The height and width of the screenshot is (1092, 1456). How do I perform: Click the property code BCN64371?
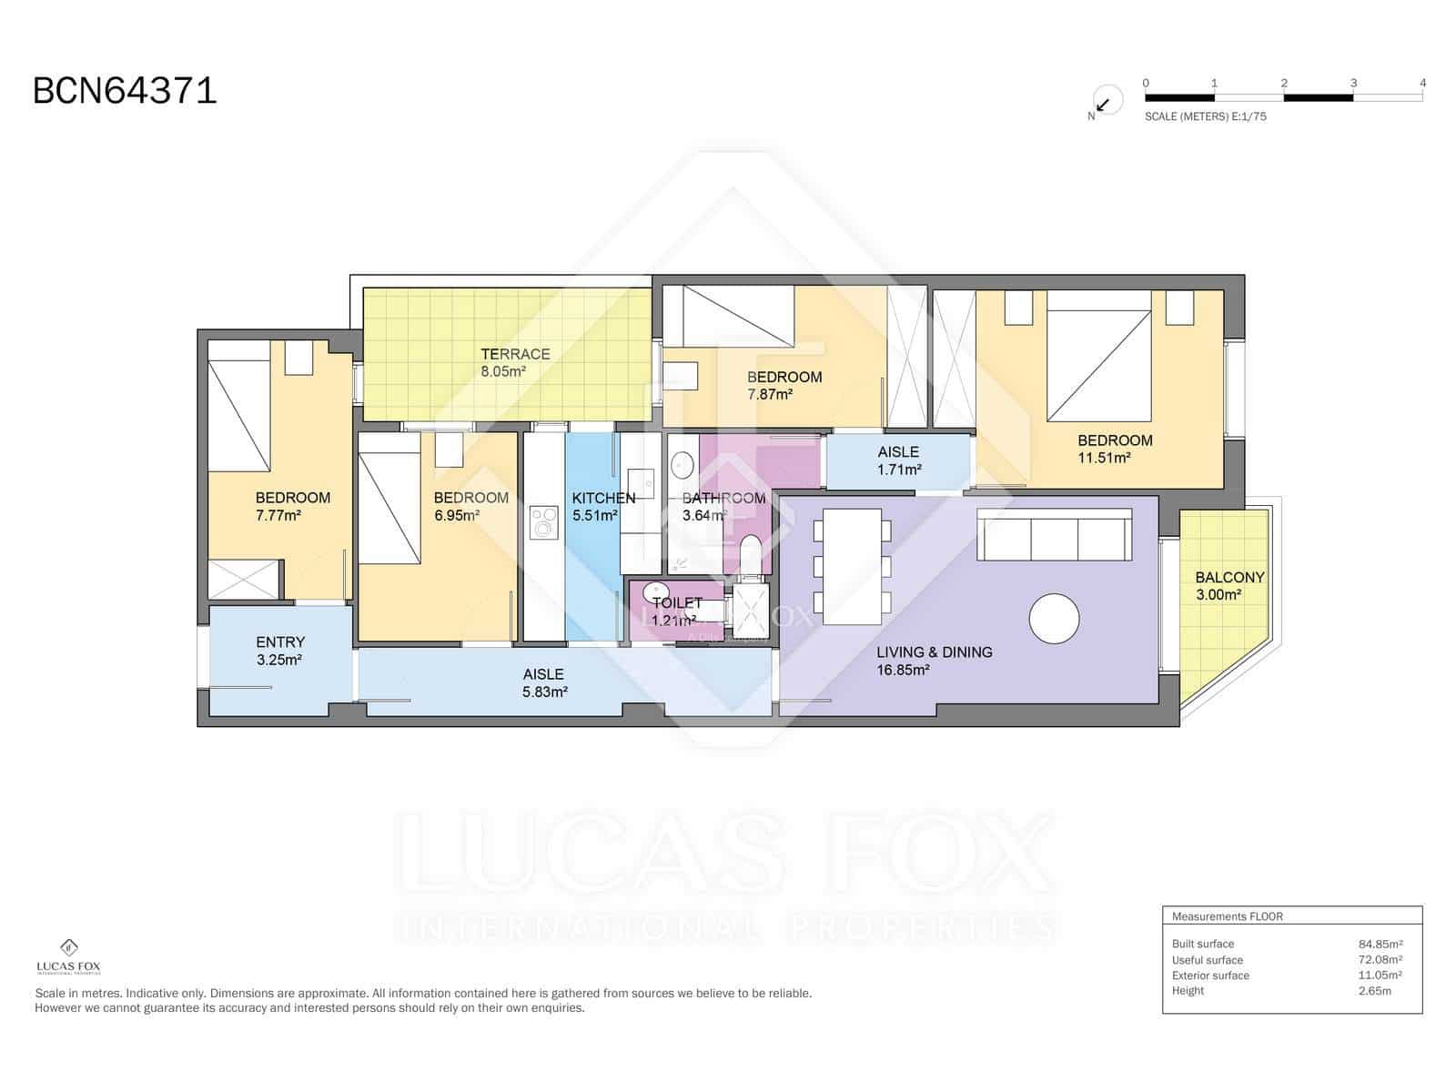pyautogui.click(x=125, y=91)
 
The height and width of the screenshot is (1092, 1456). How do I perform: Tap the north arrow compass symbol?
pyautogui.click(x=1104, y=102)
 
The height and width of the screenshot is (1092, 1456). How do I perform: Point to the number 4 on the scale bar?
pyautogui.click(x=1422, y=83)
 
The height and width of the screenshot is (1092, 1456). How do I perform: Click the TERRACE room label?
pyautogui.click(x=515, y=354)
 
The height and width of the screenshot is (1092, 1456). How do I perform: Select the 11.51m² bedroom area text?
pyautogui.click(x=1104, y=458)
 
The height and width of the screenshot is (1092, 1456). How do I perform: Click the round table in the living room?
pyautogui.click(x=1054, y=619)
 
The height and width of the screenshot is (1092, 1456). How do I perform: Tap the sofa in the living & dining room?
pyautogui.click(x=1055, y=535)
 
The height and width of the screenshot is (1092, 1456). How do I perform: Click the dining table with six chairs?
pyautogui.click(x=852, y=566)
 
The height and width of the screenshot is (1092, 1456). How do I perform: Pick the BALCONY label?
pyautogui.click(x=1229, y=577)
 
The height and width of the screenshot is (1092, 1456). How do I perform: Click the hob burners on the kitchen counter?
pyautogui.click(x=544, y=524)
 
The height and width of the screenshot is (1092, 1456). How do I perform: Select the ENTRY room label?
pyautogui.click(x=280, y=642)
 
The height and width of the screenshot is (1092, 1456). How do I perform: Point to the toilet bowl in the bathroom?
pyautogui.click(x=751, y=555)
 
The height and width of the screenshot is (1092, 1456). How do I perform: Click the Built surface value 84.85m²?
pyautogui.click(x=1380, y=944)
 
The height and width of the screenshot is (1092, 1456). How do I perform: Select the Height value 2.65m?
pyautogui.click(x=1374, y=990)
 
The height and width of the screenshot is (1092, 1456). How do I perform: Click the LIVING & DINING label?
pyautogui.click(x=934, y=652)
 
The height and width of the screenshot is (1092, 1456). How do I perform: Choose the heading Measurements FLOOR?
pyautogui.click(x=1227, y=916)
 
